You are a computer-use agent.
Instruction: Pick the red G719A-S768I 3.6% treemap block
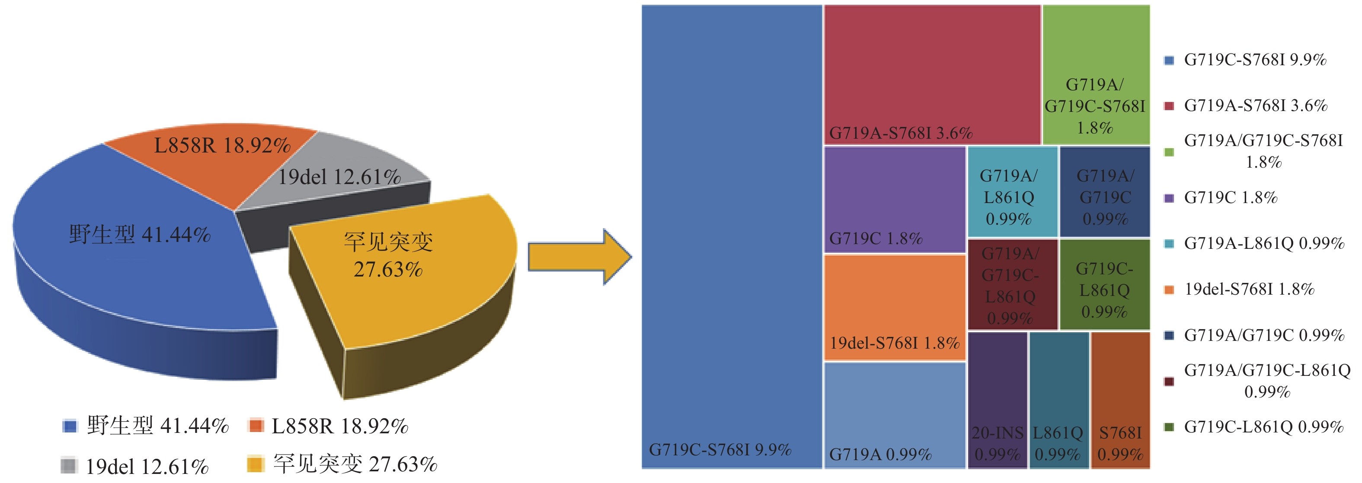click(932, 74)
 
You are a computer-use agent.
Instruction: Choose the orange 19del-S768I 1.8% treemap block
click(895, 306)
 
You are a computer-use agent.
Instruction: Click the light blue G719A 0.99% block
click(895, 415)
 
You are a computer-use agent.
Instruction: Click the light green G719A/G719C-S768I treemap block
click(1096, 74)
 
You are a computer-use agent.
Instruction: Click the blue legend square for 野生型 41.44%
click(70, 426)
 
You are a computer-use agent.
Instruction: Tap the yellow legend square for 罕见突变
click(256, 464)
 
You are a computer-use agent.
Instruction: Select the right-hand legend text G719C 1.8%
click(1231, 197)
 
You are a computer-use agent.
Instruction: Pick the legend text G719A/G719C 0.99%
click(1264, 335)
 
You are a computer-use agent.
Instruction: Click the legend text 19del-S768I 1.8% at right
click(1249, 289)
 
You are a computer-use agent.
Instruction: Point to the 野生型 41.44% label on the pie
click(140, 234)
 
